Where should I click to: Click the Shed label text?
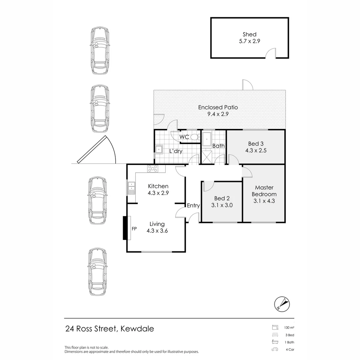click(249, 34)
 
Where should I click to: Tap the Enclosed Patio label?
click(218, 107)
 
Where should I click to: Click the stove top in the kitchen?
click(153, 169)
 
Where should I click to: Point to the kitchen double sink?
click(131, 187)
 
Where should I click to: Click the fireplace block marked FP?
click(125, 228)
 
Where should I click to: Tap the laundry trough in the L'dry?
click(158, 149)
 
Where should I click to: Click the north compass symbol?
click(282, 304)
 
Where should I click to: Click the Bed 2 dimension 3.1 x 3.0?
click(222, 205)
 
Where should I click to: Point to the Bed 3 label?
click(256, 144)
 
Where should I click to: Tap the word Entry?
click(193, 205)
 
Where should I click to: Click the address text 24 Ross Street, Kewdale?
click(110, 329)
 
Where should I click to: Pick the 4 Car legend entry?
click(290, 350)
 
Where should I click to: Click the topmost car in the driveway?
click(99, 51)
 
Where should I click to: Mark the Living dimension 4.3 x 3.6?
click(157, 230)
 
